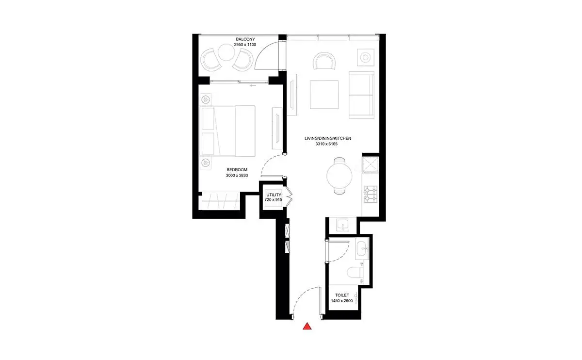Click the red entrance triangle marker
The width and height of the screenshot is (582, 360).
click(307, 327)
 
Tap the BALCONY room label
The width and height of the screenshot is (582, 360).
click(245, 39)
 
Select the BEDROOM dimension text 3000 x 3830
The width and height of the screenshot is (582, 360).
click(237, 176)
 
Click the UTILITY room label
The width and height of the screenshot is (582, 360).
click(274, 195)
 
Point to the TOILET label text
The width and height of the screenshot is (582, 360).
click(342, 295)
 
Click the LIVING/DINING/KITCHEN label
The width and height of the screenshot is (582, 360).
click(328, 138)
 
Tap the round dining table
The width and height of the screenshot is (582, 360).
click(339, 176)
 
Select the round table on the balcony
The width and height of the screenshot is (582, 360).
click(226, 52)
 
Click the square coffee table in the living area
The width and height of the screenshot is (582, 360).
click(324, 95)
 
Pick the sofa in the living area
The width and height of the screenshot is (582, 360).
click(361, 95)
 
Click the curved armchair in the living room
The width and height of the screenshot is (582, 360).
click(324, 61)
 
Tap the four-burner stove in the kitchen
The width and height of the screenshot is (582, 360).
click(371, 194)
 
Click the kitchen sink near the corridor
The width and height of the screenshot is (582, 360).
click(343, 225)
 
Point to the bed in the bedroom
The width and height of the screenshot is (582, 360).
click(227, 131)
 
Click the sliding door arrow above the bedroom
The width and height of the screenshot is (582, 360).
click(253, 85)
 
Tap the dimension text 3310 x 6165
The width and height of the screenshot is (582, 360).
click(326, 144)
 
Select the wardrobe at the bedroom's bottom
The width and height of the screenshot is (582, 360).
click(220, 200)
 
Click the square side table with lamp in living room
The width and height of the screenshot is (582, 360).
click(366, 57)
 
